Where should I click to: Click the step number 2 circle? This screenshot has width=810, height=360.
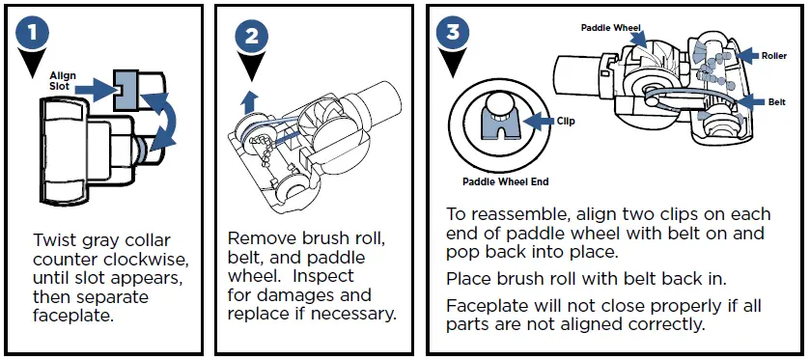point(252,38)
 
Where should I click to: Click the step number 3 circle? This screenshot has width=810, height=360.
point(453,31)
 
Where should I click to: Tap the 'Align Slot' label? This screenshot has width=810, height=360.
point(63,82)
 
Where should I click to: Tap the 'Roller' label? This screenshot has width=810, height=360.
point(773,56)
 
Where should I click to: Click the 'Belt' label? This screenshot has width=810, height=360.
point(776,101)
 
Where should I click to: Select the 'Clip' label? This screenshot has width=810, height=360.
point(567,122)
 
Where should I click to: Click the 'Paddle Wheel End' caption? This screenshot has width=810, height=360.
point(507,180)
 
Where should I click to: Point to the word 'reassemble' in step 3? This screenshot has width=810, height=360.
point(509,214)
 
